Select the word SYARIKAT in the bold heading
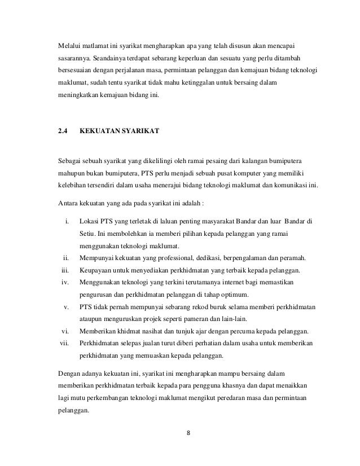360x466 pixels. tap(141, 131)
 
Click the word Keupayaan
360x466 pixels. tap(97, 270)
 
